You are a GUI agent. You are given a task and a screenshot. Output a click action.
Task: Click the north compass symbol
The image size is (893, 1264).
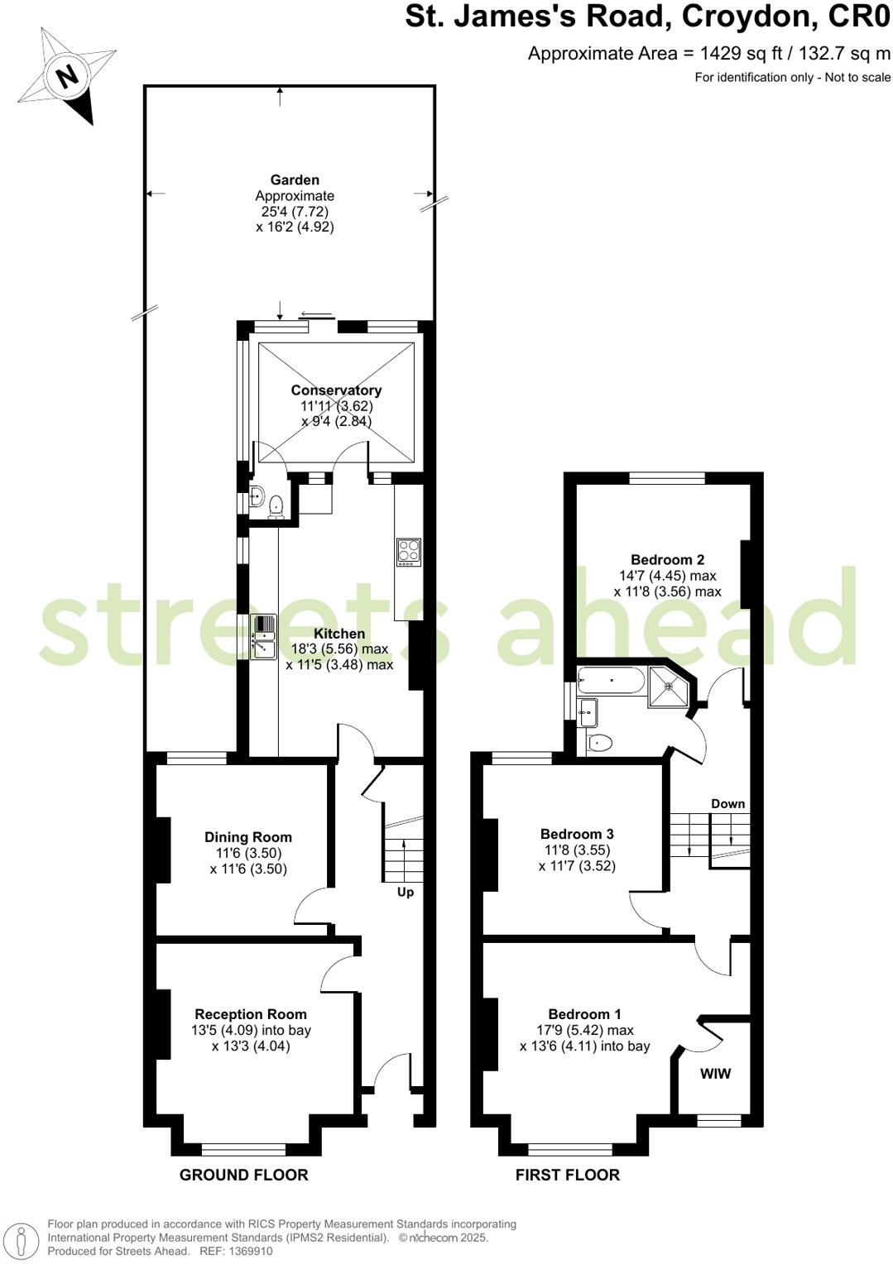(67, 76)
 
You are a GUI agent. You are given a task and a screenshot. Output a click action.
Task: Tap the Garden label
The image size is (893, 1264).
(295, 180)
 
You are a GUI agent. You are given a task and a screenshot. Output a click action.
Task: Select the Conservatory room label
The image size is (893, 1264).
(336, 390)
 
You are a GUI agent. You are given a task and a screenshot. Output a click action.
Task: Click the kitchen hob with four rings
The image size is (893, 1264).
(409, 551)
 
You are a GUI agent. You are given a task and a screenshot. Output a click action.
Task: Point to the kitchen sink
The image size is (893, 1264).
(263, 637)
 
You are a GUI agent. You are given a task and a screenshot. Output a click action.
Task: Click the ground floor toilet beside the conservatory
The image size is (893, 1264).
(276, 504)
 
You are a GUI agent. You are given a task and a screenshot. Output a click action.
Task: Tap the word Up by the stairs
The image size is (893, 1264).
(406, 892)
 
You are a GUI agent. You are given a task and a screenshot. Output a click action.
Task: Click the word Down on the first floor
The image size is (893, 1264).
(727, 803)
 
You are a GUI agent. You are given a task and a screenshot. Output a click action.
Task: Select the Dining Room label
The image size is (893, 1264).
(248, 837)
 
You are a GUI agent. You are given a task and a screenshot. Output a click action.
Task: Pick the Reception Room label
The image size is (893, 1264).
(251, 1014)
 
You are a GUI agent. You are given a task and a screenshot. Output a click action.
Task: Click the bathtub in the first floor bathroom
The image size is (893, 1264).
(611, 681)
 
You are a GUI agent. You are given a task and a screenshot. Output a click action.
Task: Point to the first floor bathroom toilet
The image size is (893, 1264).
(601, 743)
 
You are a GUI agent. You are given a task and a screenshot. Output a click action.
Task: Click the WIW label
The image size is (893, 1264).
(716, 1074)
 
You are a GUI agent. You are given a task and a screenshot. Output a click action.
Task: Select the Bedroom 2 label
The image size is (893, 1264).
(667, 560)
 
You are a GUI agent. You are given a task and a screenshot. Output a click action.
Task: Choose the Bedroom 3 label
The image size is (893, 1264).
(577, 834)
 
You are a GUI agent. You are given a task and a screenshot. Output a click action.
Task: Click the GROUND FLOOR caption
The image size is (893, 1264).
(243, 1175)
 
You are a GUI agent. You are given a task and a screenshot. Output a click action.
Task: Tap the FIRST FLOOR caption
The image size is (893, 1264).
(567, 1175)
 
